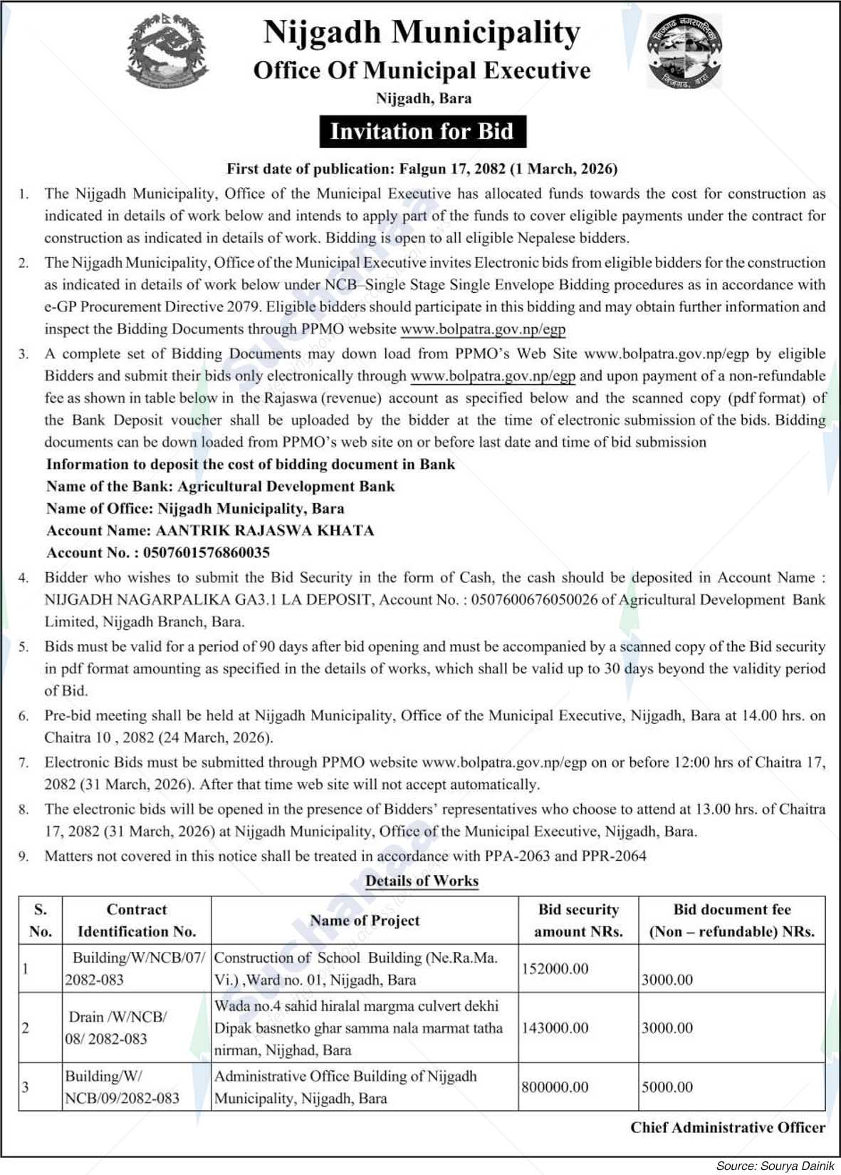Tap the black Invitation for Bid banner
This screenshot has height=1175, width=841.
[422, 132]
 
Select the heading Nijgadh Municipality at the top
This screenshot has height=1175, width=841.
[422, 33]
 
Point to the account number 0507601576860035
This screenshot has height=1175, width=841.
[207, 552]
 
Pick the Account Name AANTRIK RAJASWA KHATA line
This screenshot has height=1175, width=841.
[210, 530]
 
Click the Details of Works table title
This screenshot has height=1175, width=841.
[422, 881]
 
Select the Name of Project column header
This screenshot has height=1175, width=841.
[365, 920]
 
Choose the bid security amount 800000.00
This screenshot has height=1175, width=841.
[555, 1087]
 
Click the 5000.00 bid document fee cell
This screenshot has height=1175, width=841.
[667, 1087]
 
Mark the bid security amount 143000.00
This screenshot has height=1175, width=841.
[555, 1028]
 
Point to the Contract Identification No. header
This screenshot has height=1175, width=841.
[137, 920]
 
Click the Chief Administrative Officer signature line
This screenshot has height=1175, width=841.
[728, 1127]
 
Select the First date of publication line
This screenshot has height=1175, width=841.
[422, 169]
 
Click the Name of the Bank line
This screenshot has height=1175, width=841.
[221, 486]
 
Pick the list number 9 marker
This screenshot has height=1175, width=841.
[24, 856]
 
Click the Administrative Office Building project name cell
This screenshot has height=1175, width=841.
[345, 1087]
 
